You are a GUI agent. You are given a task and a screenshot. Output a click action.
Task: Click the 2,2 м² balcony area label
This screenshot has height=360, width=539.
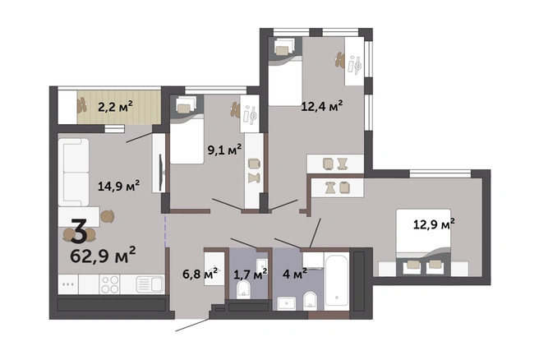pyautogui.click(x=115, y=107)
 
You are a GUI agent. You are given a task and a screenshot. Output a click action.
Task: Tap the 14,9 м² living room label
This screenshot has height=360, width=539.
pyautogui.click(x=118, y=186)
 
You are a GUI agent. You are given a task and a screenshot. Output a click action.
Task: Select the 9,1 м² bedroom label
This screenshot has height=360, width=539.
pyautogui.click(x=224, y=150)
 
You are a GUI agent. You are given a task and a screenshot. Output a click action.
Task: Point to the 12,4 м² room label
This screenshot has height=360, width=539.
pyautogui.click(x=322, y=106)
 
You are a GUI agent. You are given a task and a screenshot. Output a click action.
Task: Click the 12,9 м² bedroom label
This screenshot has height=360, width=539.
pyautogui.click(x=434, y=224)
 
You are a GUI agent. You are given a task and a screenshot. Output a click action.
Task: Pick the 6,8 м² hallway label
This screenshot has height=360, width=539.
pyautogui.click(x=200, y=275)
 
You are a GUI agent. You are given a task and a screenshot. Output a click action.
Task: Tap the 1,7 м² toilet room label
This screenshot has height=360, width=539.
pyautogui.click(x=251, y=275)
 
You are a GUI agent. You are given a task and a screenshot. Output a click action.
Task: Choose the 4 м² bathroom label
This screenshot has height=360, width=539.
pyautogui.click(x=295, y=275)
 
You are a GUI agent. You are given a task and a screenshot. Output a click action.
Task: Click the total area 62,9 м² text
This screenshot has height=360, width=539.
pyautogui.click(x=103, y=256)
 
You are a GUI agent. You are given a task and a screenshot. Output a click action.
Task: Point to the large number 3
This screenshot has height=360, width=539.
pyautogui.click(x=79, y=232)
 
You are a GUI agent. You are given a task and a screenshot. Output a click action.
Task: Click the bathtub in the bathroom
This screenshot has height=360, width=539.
pyautogui.click(x=337, y=280)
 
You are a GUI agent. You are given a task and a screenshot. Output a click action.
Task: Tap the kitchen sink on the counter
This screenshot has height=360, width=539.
pyautogui.click(x=150, y=284)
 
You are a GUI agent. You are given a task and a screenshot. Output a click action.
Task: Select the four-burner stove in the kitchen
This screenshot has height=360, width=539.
pyautogui.click(x=109, y=284)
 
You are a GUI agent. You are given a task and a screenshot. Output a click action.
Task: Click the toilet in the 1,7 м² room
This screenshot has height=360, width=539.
pyautogui.click(x=244, y=289)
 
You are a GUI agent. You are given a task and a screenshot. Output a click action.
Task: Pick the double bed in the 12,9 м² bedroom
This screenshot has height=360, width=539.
pyautogui.click(x=423, y=242)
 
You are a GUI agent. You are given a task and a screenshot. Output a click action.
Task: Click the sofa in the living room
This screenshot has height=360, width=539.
pyautogui.click(x=74, y=173)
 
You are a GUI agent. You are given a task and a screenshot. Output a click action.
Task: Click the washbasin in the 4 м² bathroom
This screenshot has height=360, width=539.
pyautogui.click(x=286, y=303)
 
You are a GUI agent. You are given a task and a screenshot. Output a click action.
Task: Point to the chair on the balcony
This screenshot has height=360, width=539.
pyautogui.click(x=82, y=105)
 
